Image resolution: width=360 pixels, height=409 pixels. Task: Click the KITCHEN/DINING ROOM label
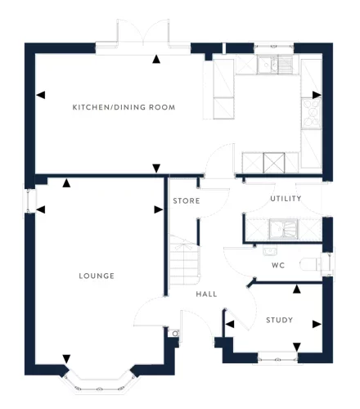pos(124,108)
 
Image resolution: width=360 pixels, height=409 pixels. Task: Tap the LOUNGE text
pos(97,276)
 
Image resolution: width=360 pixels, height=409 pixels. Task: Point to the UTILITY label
pos(286,199)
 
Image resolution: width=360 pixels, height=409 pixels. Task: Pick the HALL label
pos(205,294)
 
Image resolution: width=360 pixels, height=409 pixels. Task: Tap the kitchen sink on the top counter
pos(271,65)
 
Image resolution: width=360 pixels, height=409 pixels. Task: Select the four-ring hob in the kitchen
pos(311,112)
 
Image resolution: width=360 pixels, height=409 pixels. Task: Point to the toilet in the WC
pos(311,263)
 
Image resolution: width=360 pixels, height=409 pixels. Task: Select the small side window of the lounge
pos(30,200)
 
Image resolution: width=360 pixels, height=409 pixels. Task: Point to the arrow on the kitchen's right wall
pos(316,95)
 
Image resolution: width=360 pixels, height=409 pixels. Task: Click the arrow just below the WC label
pos(296,288)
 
